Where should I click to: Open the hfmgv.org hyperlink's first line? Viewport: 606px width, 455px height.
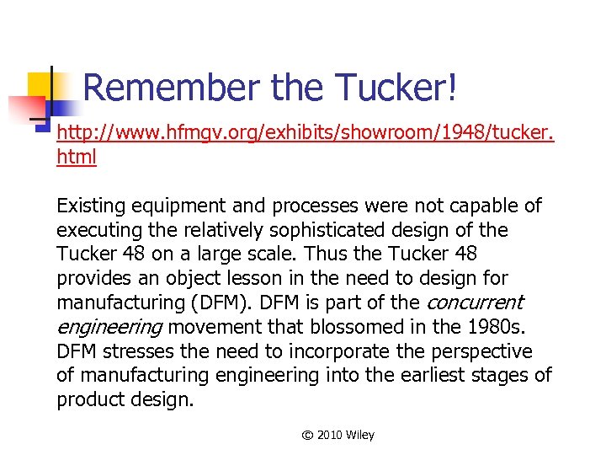click(x=305, y=134)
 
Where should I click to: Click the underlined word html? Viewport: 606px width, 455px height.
click(x=77, y=157)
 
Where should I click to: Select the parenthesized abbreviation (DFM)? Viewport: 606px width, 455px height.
click(x=205, y=302)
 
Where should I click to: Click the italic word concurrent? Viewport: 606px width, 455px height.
click(x=476, y=302)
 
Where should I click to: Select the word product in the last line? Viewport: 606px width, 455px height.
click(x=89, y=399)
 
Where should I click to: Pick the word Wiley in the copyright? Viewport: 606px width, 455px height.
click(x=360, y=435)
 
